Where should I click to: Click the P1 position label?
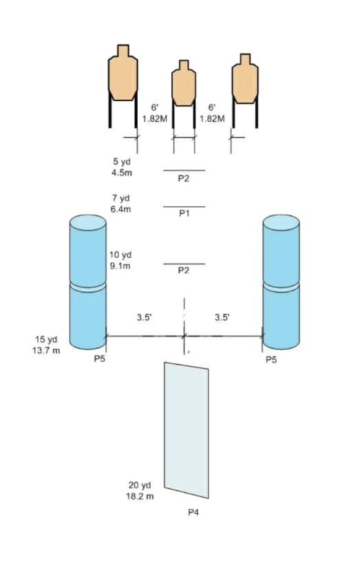coord(184,213)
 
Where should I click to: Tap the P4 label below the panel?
coord(193,513)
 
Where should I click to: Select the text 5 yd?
coord(122,162)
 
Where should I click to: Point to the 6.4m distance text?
coord(120,209)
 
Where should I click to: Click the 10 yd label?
coord(120,255)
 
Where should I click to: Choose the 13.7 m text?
coord(46,350)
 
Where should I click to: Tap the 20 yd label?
coord(140,485)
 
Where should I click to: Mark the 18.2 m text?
coord(140,496)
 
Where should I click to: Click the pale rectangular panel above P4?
coord(187,430)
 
